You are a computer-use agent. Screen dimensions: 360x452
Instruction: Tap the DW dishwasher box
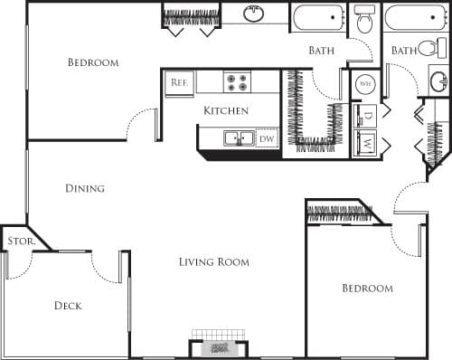pos(267,139)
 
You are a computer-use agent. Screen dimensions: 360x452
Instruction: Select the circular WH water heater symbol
pos(365,83)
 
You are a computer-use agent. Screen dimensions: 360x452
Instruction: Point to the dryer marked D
pos(366,117)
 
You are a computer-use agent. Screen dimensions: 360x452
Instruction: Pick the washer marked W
pos(366,142)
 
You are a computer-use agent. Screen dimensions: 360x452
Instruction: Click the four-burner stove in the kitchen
pos(237,82)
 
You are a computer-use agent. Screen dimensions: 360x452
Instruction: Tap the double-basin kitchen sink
pos(239,138)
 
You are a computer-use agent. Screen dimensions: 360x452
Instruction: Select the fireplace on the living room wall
pos(218,347)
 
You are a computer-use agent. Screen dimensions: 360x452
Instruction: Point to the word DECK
pos(67,306)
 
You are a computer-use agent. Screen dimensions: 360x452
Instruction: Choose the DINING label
pos(85,189)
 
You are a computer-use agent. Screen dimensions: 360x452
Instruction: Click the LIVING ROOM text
pos(213,262)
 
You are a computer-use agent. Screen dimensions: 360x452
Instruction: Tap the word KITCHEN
pos(225,110)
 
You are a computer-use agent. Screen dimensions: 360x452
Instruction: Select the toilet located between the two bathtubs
pos(364,18)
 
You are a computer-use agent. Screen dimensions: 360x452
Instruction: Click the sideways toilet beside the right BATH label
pos(430,48)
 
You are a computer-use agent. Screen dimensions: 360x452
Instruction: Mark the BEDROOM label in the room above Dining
pos(93,62)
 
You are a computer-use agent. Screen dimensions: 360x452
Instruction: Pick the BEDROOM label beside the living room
pos(367,289)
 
